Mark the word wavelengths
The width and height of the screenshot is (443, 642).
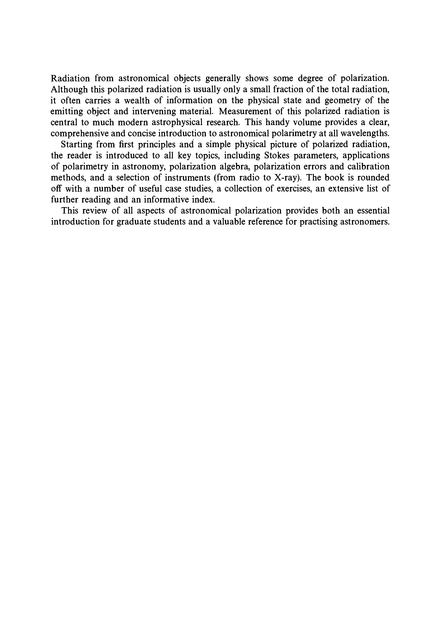click(x=365, y=134)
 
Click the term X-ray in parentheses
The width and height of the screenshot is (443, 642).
click(x=287, y=178)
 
